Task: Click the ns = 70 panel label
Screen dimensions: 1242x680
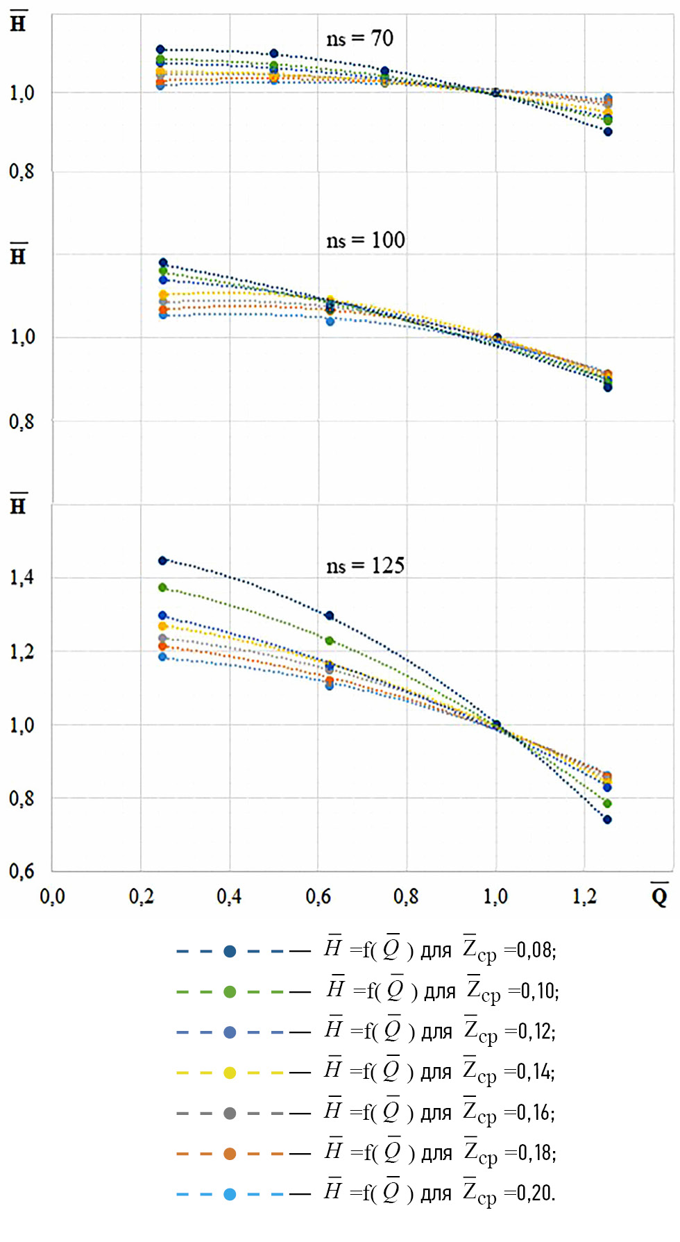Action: (359, 39)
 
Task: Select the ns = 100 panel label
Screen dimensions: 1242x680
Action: (365, 240)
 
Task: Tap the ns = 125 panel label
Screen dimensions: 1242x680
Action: (365, 566)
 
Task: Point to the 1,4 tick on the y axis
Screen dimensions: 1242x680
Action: (22, 578)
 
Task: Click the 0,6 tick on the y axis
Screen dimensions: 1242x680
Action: (22, 871)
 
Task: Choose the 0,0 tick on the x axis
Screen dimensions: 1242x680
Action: (52, 896)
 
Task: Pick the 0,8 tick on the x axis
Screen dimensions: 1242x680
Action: (406, 896)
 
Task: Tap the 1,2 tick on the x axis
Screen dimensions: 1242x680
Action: (584, 896)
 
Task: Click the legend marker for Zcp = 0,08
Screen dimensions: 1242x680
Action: (230, 951)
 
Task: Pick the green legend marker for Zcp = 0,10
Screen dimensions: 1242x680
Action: (230, 991)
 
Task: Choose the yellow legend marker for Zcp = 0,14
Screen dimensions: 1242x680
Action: (230, 1073)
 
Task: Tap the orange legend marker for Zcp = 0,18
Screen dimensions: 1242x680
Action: (230, 1154)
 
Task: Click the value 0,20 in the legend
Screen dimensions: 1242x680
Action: (537, 1193)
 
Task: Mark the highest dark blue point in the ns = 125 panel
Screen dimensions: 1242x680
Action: (162, 560)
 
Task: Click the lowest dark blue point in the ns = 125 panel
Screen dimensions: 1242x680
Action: (607, 820)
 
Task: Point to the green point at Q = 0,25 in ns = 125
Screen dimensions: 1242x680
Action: (162, 587)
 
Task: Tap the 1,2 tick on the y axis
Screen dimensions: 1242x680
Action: (22, 652)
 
